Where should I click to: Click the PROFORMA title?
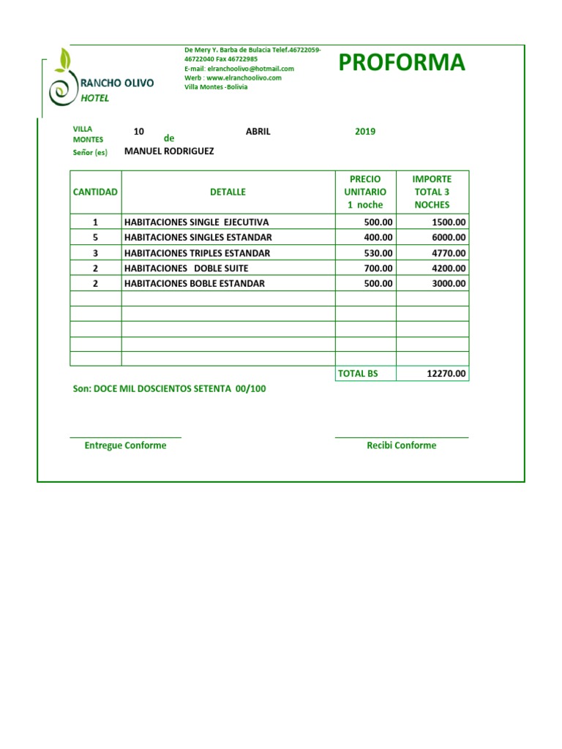click(x=401, y=64)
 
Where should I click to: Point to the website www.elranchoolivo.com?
click(x=244, y=78)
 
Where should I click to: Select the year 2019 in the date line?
click(x=365, y=132)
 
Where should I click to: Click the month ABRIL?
click(x=258, y=132)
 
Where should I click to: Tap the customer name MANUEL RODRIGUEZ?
click(x=169, y=151)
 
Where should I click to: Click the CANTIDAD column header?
click(x=95, y=192)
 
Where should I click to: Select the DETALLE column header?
click(x=228, y=192)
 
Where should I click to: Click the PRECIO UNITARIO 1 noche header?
click(x=365, y=192)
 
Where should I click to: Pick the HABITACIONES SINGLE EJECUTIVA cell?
click(x=197, y=222)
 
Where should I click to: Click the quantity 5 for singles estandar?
click(x=95, y=238)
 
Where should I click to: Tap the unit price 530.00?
click(x=378, y=253)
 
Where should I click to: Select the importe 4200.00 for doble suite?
click(x=449, y=268)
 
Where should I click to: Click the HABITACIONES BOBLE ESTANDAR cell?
click(x=195, y=284)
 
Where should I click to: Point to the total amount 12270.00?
click(x=446, y=374)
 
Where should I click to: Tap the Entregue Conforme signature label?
click(x=125, y=445)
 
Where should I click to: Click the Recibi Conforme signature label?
click(x=401, y=445)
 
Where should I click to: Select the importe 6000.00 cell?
click(x=449, y=238)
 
